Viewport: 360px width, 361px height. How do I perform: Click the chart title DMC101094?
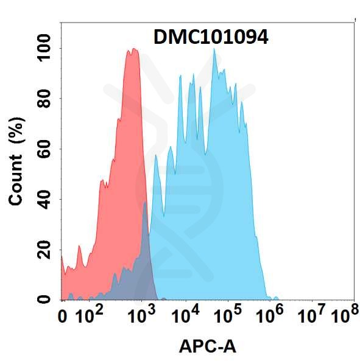pos(211,38)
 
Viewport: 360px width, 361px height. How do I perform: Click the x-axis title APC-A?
pos(208,347)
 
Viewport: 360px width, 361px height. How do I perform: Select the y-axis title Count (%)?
pos(16,161)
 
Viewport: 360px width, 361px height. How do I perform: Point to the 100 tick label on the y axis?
pos(44,48)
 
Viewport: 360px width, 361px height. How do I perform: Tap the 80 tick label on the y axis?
pos(44,98)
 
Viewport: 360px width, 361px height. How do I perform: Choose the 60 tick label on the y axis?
pos(44,149)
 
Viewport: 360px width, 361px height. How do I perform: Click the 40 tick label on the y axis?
pos(44,200)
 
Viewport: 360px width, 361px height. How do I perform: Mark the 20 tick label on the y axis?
pos(44,250)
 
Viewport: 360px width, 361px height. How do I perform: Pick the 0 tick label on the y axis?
pos(44,300)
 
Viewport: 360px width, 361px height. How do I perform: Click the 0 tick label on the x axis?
pos(62,317)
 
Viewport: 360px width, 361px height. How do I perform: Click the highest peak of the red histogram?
pos(134,49)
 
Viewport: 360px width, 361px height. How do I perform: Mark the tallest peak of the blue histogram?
pos(214,49)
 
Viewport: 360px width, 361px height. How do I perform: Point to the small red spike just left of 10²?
pos(79,246)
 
